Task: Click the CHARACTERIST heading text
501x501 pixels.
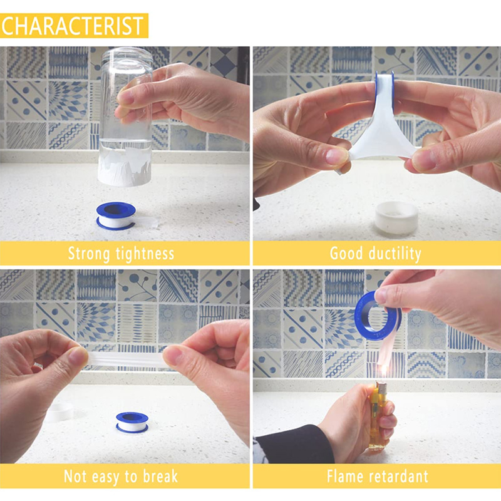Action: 72,26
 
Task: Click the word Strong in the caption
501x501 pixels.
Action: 89,254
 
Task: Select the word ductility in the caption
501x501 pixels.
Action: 395,254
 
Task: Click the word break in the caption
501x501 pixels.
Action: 160,476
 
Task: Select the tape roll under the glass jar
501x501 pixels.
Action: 116,215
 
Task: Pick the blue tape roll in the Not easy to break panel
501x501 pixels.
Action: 132,422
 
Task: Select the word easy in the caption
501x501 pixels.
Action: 105,477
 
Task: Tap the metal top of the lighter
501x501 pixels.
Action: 381,388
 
